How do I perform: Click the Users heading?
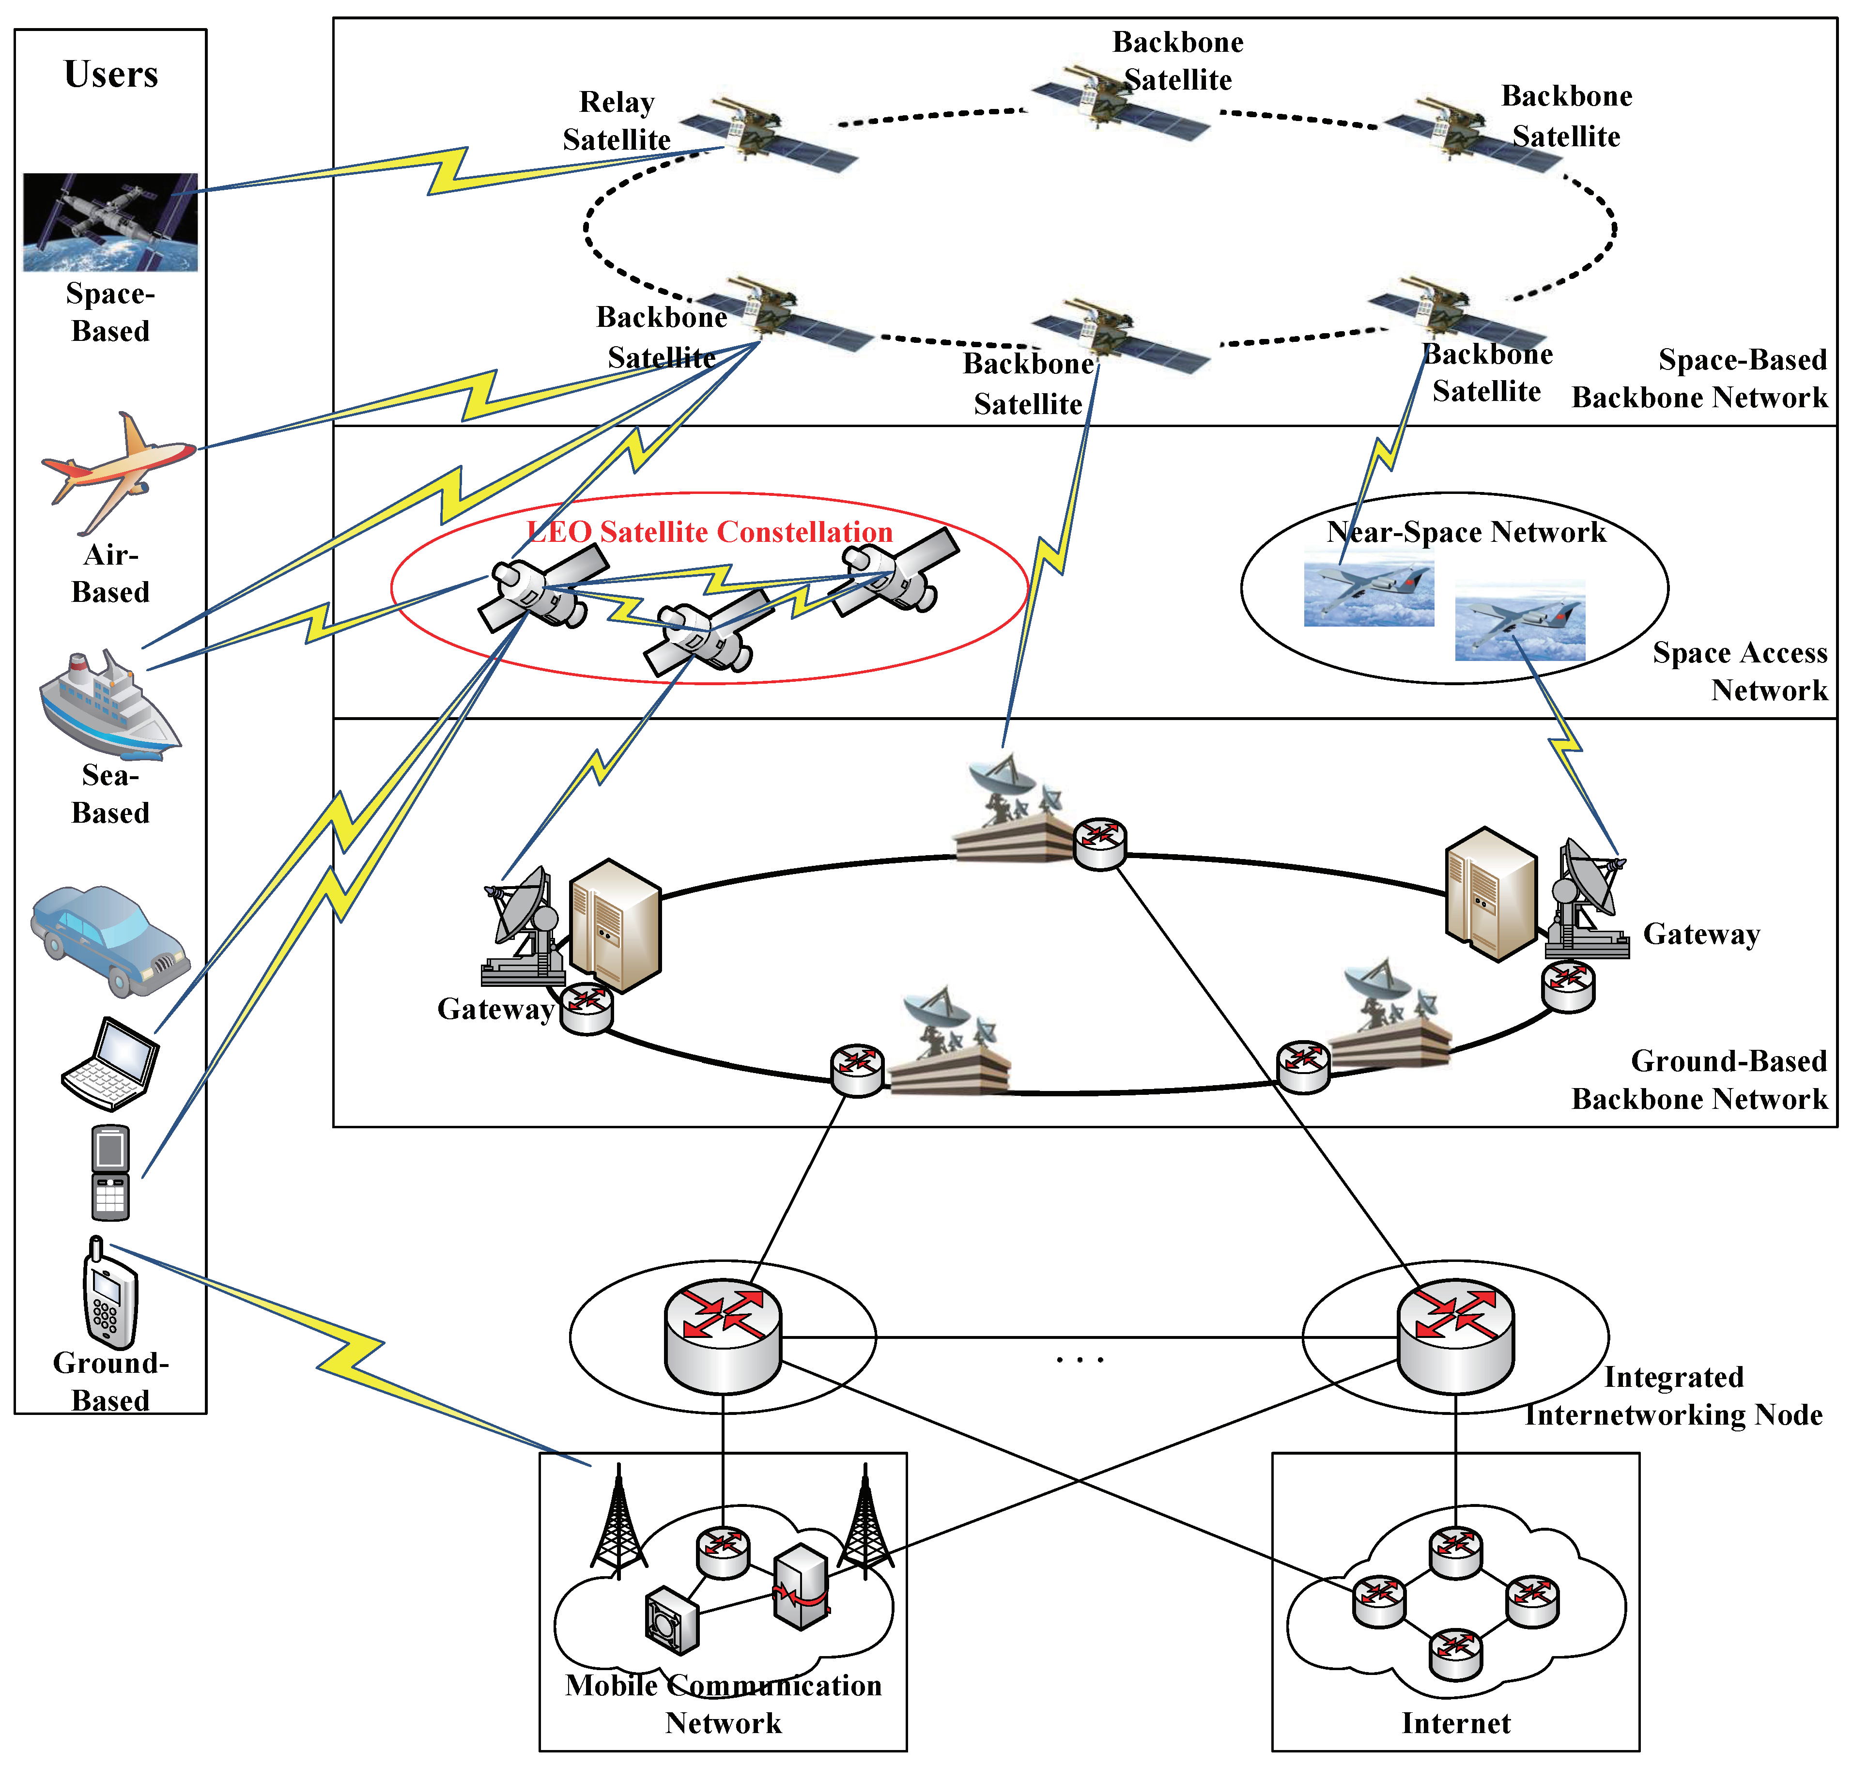click(111, 75)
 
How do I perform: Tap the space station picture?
click(110, 222)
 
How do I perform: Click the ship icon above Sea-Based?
click(108, 706)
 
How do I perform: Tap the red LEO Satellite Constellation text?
click(710, 532)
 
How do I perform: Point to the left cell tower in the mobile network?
click(618, 1521)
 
